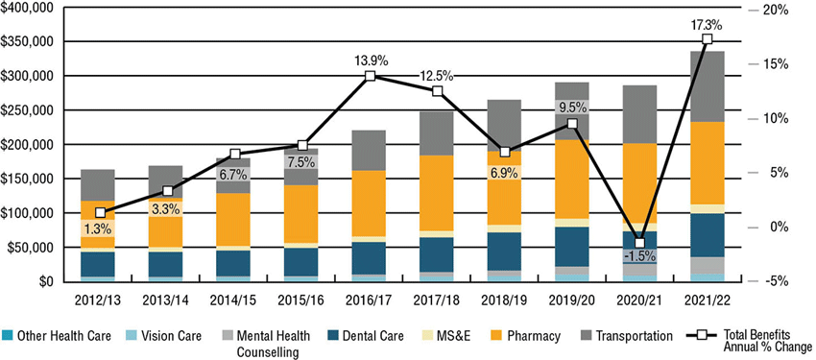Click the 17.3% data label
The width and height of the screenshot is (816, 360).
[x=707, y=24]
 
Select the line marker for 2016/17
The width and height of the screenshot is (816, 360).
[x=370, y=76]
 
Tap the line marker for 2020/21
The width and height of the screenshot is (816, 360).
[x=639, y=243]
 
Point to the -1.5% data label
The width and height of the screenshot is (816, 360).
[x=639, y=256]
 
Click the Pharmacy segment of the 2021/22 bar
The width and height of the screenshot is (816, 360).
[x=707, y=163]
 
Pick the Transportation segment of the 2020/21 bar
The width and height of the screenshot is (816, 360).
[x=639, y=114]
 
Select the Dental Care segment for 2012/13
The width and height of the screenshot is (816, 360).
[x=98, y=264]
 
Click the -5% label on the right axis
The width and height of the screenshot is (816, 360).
[x=776, y=281]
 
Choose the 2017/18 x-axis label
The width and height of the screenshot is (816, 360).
[x=438, y=300]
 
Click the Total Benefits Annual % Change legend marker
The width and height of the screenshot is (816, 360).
[x=702, y=336]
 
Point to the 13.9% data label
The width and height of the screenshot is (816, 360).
[x=370, y=60]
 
